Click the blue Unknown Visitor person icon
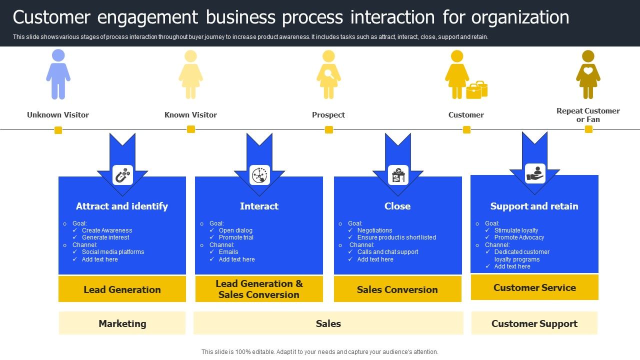click(x=58, y=74)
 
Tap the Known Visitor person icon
click(x=190, y=74)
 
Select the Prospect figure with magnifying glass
click(x=328, y=74)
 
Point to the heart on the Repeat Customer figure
click(x=588, y=71)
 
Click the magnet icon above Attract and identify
click(x=122, y=175)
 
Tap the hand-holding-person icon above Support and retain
click(x=535, y=173)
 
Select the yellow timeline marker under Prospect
click(x=328, y=129)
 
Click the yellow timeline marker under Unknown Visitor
click(x=58, y=130)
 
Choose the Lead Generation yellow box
click(x=122, y=289)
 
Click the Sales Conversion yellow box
click(x=397, y=289)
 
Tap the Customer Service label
click(x=534, y=287)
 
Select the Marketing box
click(x=122, y=323)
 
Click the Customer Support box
click(x=534, y=323)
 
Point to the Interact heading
click(x=259, y=206)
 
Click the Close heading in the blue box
click(x=397, y=206)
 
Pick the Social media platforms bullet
click(x=113, y=252)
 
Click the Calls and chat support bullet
click(x=387, y=252)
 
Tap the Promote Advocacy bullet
click(x=519, y=237)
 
